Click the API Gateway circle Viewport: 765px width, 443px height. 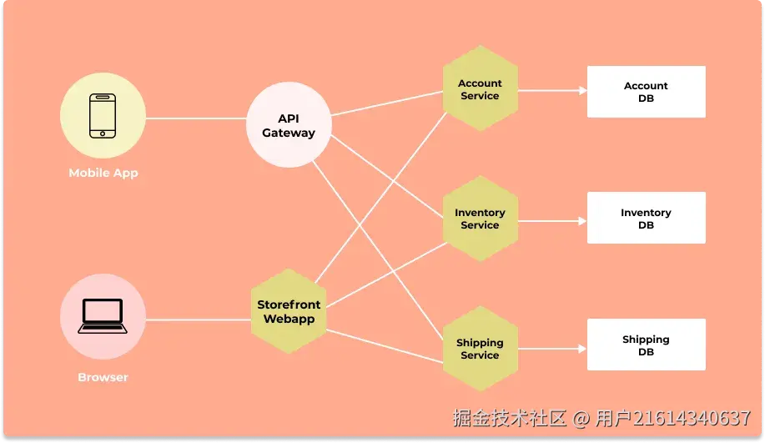pyautogui.click(x=289, y=126)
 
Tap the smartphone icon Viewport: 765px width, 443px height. pyautogui.click(x=103, y=115)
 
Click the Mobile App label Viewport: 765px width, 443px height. pyautogui.click(x=103, y=174)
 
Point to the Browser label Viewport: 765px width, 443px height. pyautogui.click(x=103, y=377)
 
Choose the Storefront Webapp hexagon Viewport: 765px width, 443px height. pyautogui.click(x=289, y=311)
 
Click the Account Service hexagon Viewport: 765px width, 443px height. pyautogui.click(x=480, y=89)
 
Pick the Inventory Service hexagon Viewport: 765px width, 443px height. pyautogui.click(x=480, y=219)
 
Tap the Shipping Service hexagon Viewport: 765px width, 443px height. pyautogui.click(x=480, y=349)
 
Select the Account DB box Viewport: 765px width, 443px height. pyautogui.click(x=646, y=92)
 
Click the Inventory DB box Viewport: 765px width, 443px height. pyautogui.click(x=646, y=219)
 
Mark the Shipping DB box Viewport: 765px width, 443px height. pyautogui.click(x=646, y=345)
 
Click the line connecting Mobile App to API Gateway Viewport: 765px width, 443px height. pyautogui.click(x=196, y=118)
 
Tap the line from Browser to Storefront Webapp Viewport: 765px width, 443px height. pyautogui.click(x=199, y=320)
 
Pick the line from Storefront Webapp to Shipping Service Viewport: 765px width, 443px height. pyautogui.click(x=384, y=345)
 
